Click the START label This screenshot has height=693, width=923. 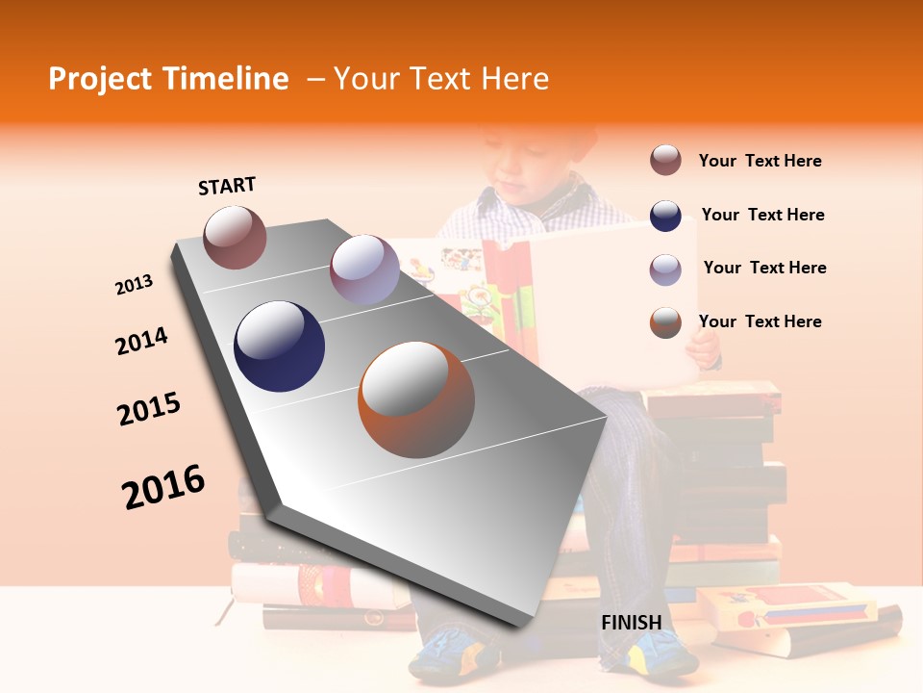pos(227,186)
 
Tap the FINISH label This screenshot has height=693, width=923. pos(631,623)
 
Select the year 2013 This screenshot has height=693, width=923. pos(134,285)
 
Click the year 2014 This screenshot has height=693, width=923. pos(141,342)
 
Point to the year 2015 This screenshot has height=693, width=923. pos(149,409)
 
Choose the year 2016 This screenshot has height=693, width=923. pos(163,487)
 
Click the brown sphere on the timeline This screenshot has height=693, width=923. pos(235,237)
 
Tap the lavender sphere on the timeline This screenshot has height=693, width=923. pos(364,269)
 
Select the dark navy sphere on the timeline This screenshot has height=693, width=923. pos(280,346)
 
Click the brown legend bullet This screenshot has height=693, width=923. pos(665,161)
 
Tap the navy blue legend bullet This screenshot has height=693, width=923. pos(665,216)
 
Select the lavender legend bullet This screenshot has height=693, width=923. pos(665,269)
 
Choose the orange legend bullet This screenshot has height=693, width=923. pos(665,322)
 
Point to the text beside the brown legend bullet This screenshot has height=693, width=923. pos(760,162)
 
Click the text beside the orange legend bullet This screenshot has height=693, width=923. pos(760,321)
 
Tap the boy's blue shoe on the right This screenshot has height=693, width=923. pos(663,656)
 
